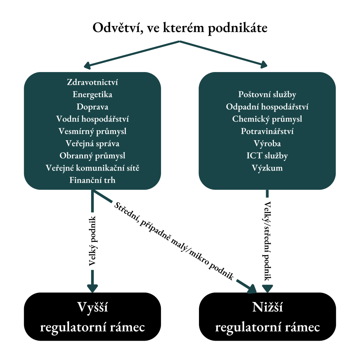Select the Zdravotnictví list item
pos(92,83)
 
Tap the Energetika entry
pos(92,95)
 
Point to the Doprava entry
pos(92,107)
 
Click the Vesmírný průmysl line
pos(92,131)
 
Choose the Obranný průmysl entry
pos(92,156)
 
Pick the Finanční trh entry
pos(92,180)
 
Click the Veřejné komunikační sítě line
pos(92,168)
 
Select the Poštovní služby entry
pos(267,95)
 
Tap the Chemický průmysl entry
pos(267,119)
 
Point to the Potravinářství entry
pos(267,131)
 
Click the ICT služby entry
pos(267,156)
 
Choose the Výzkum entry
pos(267,168)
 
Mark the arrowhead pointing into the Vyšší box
pos(92,288)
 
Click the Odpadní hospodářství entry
pos(267,107)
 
